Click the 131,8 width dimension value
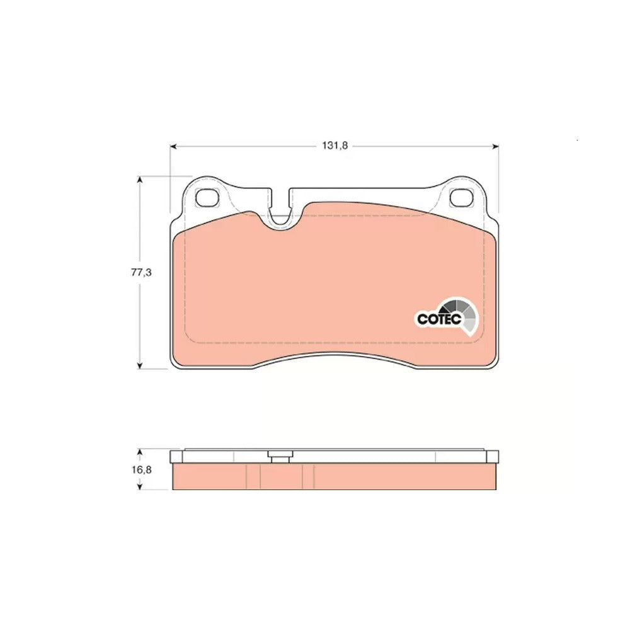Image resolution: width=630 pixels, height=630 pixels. coord(335,146)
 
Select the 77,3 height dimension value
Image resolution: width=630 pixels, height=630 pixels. coord(141,272)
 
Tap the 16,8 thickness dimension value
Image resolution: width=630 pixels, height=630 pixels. coord(141,469)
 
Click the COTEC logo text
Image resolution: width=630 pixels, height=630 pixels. coord(438,319)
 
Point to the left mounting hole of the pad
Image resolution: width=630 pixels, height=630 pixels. coord(207,197)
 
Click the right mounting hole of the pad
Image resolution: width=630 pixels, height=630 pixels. coord(461,197)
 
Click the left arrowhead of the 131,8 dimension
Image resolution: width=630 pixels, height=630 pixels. coord(174,146)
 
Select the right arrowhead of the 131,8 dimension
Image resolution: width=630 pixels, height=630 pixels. coord(495,146)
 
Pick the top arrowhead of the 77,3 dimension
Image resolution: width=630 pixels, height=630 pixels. coord(140,179)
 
